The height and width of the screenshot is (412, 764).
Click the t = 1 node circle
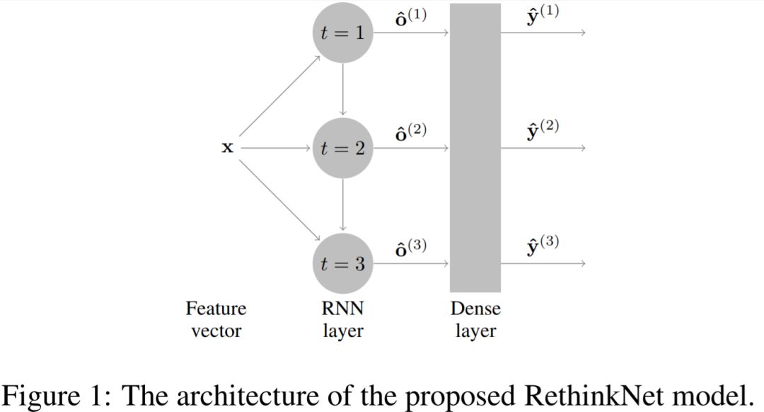point(343,33)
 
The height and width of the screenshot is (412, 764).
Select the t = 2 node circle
point(343,148)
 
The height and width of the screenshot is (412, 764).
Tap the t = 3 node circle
point(343,264)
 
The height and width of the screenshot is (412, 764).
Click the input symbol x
point(227,148)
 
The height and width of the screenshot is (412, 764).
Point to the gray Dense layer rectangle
point(475,148)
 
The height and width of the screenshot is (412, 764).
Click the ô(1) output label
point(411,17)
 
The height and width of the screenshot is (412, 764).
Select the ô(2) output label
point(411,132)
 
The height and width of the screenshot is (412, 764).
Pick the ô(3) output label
point(411,248)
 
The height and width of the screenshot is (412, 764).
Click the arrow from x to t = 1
point(279,96)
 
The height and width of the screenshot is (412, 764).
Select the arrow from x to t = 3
point(279,201)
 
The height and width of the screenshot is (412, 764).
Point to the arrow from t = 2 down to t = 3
point(343,205)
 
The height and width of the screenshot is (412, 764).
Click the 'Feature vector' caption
point(216,319)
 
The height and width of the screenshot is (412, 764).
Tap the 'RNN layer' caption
point(343,319)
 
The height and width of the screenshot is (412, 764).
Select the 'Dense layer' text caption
point(475,319)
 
